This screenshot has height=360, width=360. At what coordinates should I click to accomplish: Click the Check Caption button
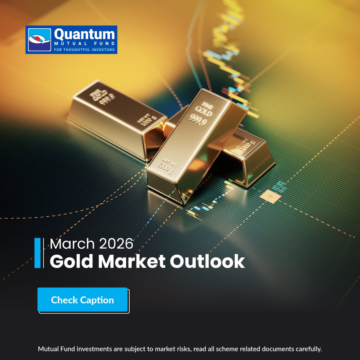(82, 300)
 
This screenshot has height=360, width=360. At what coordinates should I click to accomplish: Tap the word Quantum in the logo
(84, 34)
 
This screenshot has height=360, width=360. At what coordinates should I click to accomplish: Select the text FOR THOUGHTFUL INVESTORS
(84, 50)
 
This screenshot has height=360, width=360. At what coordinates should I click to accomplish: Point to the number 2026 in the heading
(116, 244)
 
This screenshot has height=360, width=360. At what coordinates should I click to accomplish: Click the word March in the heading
(72, 244)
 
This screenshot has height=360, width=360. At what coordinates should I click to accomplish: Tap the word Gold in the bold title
(71, 261)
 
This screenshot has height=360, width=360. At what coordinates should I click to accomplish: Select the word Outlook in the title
(207, 261)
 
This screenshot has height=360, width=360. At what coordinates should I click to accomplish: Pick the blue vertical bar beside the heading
(37, 253)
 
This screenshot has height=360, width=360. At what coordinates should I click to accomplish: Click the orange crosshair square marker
(270, 196)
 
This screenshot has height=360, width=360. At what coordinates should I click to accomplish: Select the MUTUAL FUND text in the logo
(84, 44)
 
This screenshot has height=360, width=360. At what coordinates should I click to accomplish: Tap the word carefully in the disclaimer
(309, 349)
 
